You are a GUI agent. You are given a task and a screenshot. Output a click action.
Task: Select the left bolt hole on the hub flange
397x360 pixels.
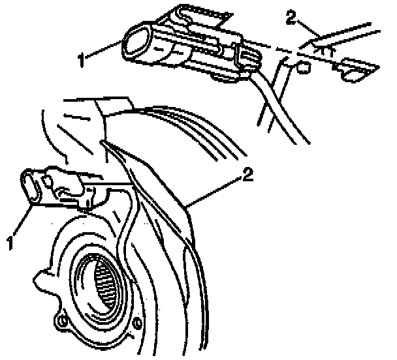pos(63,321)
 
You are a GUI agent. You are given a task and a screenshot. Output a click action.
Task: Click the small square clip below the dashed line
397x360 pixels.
pos(302,67)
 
